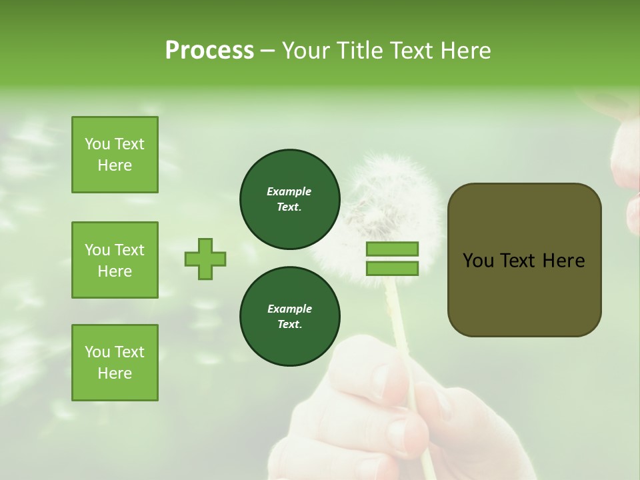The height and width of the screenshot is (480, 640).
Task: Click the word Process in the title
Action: pyautogui.click(x=209, y=51)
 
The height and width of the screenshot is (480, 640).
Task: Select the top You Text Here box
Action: pyautogui.click(x=115, y=155)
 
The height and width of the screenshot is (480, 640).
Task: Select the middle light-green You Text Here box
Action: pyautogui.click(x=115, y=260)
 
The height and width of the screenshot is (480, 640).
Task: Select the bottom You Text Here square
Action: pyautogui.click(x=115, y=363)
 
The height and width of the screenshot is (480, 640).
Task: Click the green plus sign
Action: pyautogui.click(x=205, y=259)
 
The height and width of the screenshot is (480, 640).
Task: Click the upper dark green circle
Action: pyautogui.click(x=289, y=199)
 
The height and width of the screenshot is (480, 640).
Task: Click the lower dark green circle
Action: pyautogui.click(x=289, y=317)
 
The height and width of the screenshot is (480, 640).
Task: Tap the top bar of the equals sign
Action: pyautogui.click(x=392, y=249)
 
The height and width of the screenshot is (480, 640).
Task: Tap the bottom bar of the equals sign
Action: pyautogui.click(x=392, y=269)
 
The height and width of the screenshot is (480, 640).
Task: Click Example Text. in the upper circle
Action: pyautogui.click(x=289, y=199)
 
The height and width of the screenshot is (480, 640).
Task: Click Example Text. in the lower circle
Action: pyautogui.click(x=289, y=317)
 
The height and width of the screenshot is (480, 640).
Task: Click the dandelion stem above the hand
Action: pyautogui.click(x=401, y=313)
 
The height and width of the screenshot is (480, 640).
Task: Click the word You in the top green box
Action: pyautogui.click(x=97, y=144)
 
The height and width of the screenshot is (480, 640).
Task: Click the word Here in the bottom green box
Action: pyautogui.click(x=115, y=373)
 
